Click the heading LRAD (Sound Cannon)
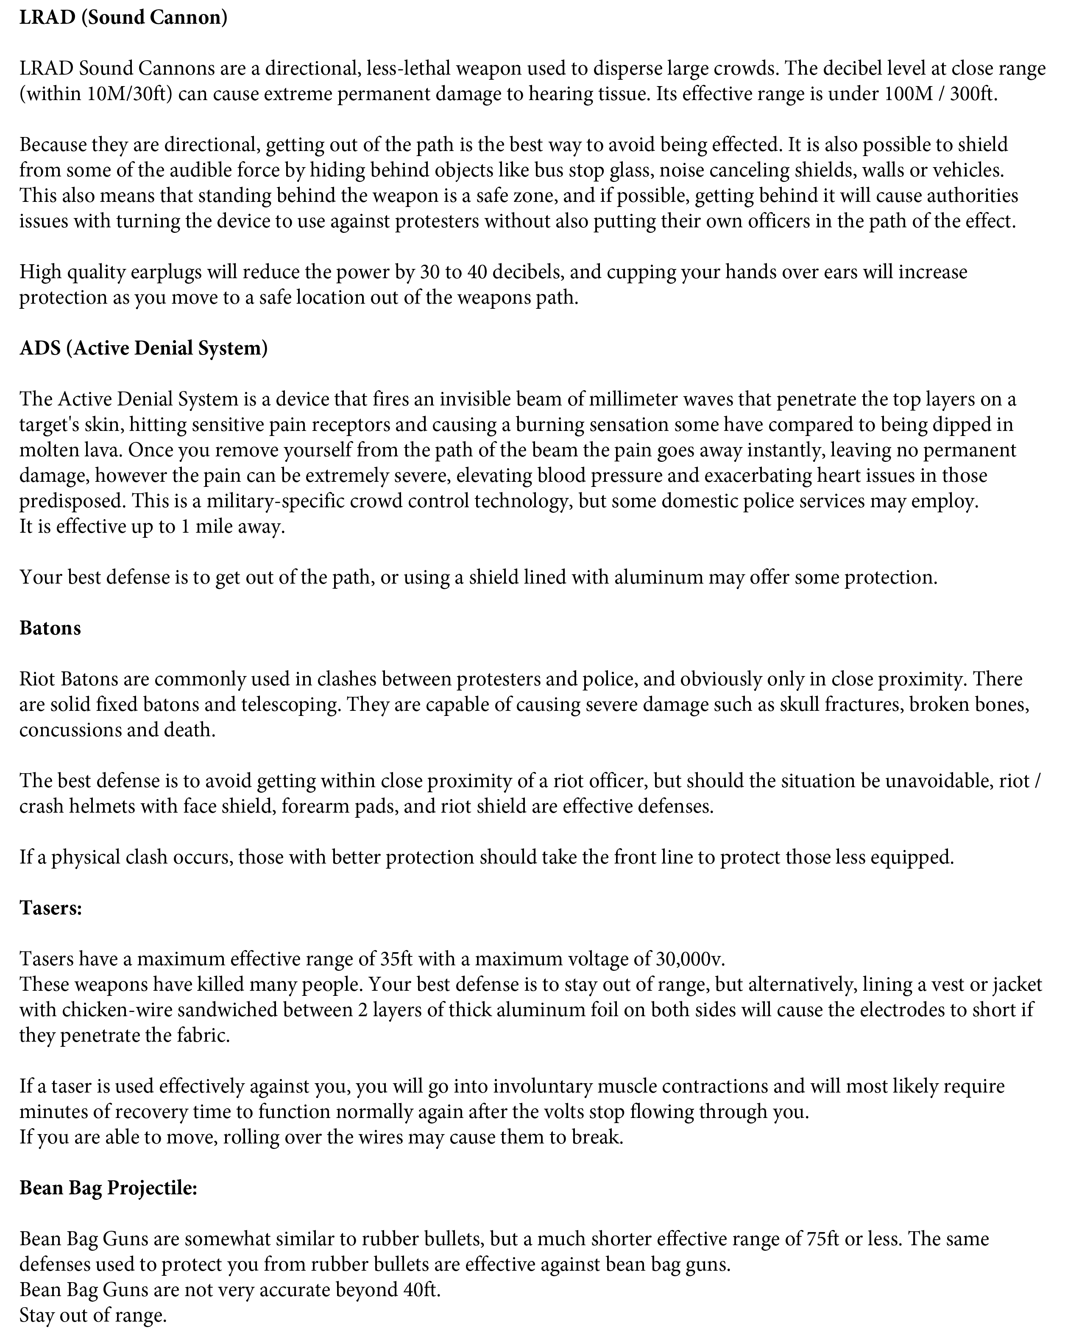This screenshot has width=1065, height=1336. (123, 18)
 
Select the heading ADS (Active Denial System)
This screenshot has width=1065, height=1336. (144, 348)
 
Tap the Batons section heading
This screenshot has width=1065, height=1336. (50, 628)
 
